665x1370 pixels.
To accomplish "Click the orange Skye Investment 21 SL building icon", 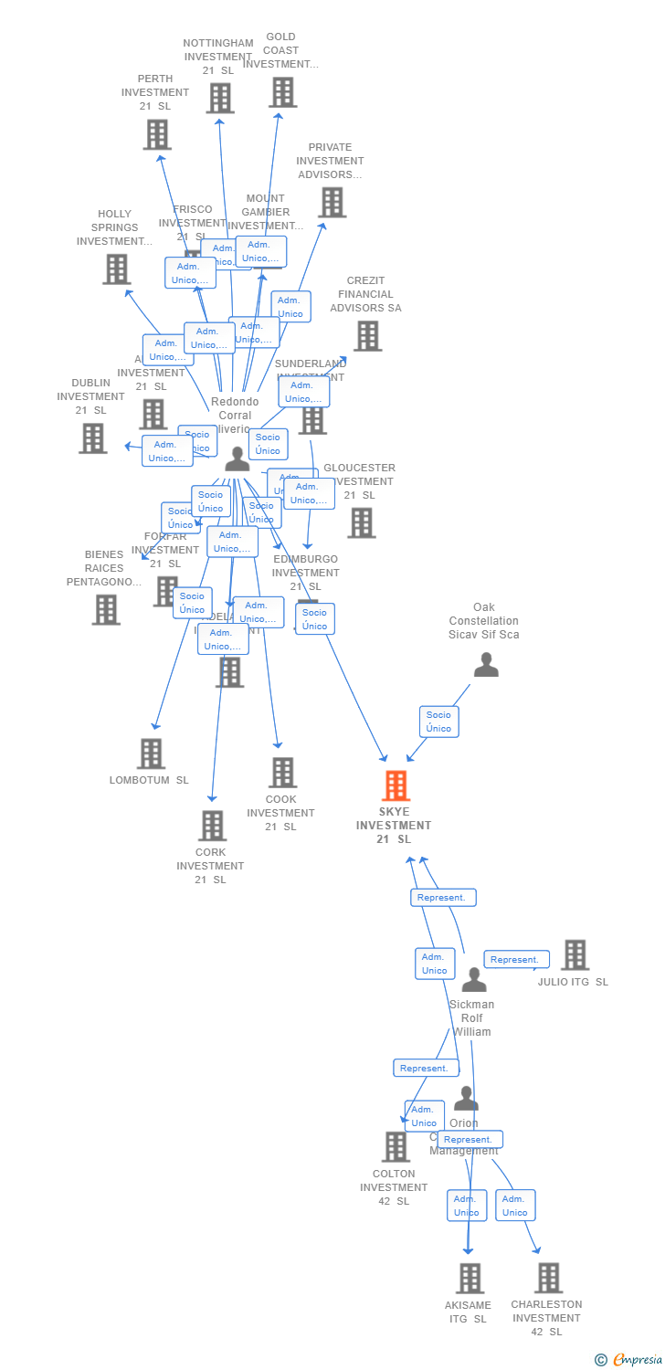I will [396, 785].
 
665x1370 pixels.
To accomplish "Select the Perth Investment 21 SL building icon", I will [157, 134].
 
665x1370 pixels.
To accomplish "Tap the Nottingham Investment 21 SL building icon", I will [219, 98].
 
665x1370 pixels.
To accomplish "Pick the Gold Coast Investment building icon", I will [283, 92].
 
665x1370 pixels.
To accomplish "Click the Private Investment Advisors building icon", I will [332, 202].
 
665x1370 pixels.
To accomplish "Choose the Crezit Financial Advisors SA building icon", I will [367, 336].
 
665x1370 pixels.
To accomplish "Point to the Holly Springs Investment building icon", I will [116, 269].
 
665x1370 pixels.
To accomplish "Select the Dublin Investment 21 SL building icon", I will [92, 438].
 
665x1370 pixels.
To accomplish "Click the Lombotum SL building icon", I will [151, 753].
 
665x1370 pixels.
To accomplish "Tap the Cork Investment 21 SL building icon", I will [212, 826].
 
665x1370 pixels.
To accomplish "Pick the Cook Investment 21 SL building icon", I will [282, 773].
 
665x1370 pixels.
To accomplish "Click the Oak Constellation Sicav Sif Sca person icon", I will [486, 665].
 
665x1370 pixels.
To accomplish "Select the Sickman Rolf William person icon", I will [473, 980].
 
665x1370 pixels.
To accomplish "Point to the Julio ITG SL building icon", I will [575, 954].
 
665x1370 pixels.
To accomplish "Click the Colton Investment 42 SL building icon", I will [396, 1146].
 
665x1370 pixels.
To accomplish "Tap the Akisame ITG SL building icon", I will [470, 1278].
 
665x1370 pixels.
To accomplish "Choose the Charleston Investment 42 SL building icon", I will [548, 1278].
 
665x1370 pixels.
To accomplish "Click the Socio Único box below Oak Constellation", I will [438, 722].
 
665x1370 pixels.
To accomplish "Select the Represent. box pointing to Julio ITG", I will [516, 959].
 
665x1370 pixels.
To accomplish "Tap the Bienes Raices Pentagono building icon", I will [106, 609].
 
